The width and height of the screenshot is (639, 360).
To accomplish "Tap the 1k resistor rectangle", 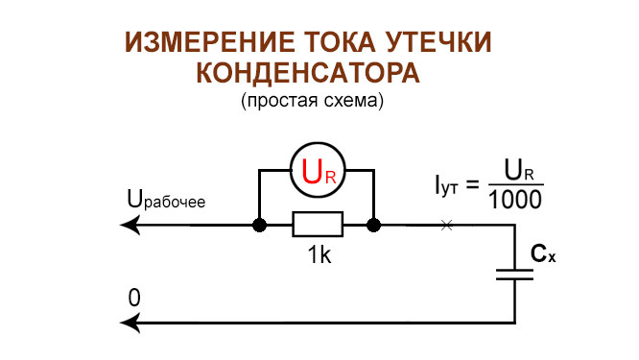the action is pos(317,226).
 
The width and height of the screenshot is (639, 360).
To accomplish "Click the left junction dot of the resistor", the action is pos(259,226).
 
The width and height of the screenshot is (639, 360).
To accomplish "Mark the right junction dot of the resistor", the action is pos(374,226).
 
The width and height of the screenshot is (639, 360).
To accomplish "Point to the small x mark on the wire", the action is pos(445,226).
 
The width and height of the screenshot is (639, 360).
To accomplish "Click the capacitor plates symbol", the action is pos(515,274).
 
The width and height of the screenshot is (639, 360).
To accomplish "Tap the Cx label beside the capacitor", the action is pos(544,254).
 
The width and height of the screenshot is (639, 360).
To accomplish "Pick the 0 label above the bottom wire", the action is pos(134,299).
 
